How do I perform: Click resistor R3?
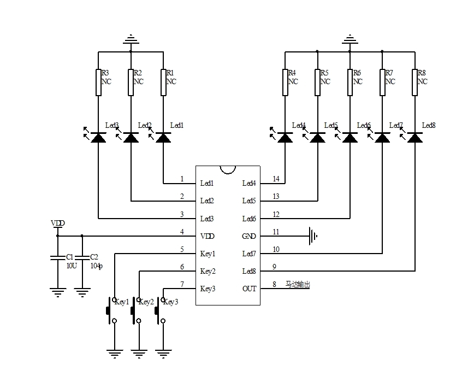tap(98, 82)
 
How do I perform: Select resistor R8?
tap(415, 82)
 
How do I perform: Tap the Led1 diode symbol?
tap(163, 137)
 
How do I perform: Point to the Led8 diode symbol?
tap(415, 137)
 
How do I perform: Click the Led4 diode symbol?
tap(285, 137)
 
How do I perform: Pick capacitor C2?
tap(82, 257)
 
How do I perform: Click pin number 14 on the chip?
tap(276, 179)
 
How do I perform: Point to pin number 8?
tap(274, 285)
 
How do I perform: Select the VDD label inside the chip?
tap(208, 237)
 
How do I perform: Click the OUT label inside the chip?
tap(249, 289)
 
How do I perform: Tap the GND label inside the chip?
tap(249, 237)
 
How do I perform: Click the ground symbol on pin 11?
tap(312, 236)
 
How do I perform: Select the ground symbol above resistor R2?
tap(131, 40)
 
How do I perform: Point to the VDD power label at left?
tap(57, 224)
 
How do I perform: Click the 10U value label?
tap(71, 265)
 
